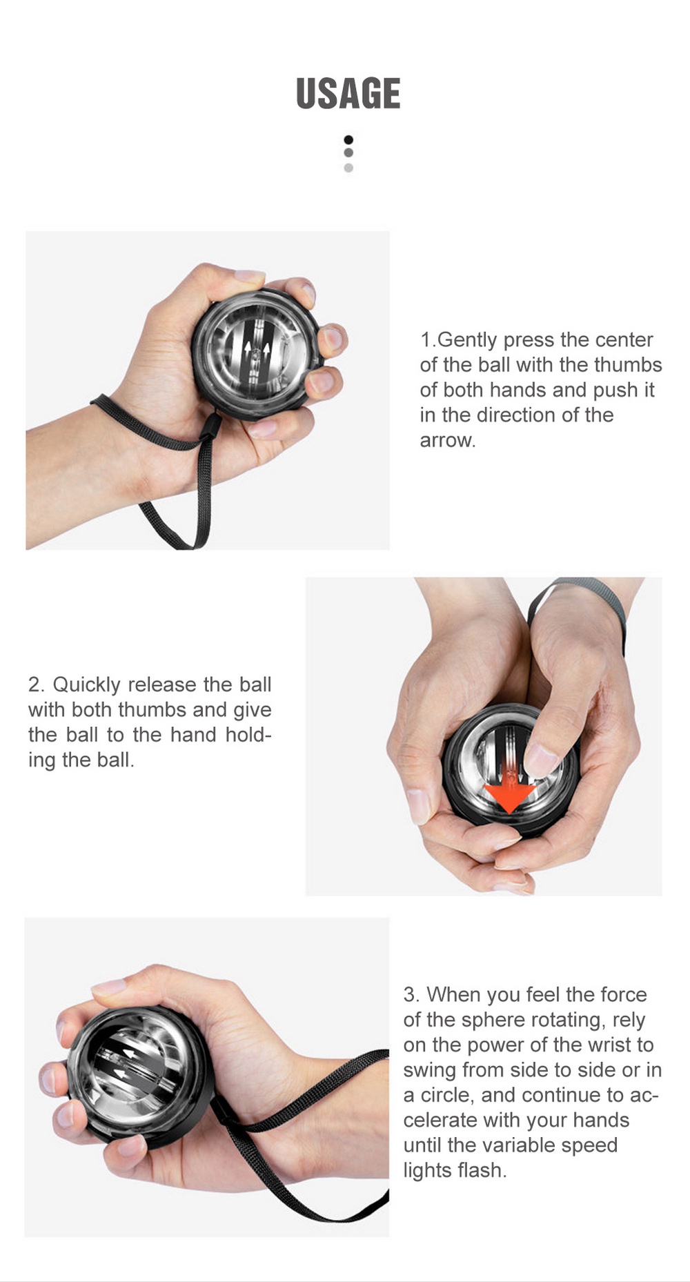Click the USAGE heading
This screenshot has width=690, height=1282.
348,94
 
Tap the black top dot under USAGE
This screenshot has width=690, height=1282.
348,139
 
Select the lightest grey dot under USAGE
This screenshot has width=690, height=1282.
348,168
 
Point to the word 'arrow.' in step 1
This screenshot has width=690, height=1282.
448,440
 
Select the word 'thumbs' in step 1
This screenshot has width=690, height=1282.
627,364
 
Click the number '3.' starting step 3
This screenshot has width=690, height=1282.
411,994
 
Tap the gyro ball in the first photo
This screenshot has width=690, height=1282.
256,354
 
